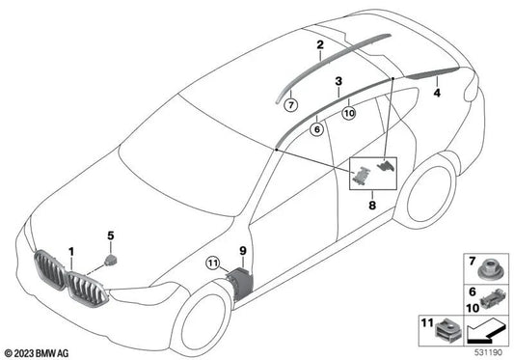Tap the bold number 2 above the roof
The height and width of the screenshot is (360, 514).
(319, 44)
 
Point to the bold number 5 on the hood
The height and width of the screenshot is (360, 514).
(111, 235)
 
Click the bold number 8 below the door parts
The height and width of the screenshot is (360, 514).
(371, 204)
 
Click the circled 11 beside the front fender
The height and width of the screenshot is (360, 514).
(213, 262)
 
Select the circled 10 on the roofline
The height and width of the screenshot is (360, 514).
(348, 112)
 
